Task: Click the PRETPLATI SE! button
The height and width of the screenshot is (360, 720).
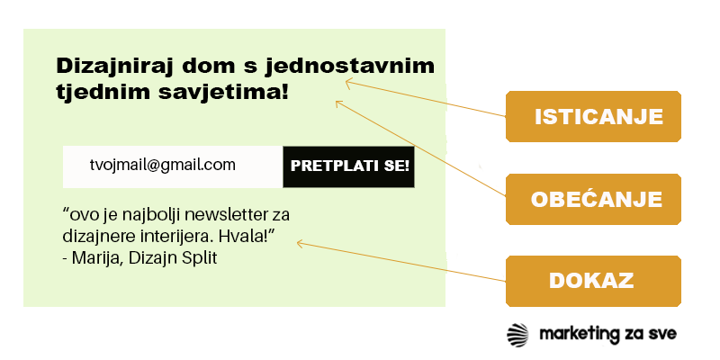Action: pos(349,166)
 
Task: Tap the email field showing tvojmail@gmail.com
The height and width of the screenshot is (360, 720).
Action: pos(172,166)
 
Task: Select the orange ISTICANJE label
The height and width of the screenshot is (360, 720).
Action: pos(593,117)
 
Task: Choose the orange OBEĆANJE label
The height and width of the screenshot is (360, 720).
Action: pos(593,199)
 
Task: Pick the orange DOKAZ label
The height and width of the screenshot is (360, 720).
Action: pos(593,280)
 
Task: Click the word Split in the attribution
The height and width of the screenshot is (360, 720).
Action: pos(200,258)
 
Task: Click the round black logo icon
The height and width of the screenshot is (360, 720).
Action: pos(518,334)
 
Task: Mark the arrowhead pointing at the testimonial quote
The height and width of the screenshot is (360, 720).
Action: pos(299,243)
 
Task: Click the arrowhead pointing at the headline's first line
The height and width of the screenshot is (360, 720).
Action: pos(346,83)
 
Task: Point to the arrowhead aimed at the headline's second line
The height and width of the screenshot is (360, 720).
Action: pos(338,103)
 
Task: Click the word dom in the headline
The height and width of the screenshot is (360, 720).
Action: pos(204,67)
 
